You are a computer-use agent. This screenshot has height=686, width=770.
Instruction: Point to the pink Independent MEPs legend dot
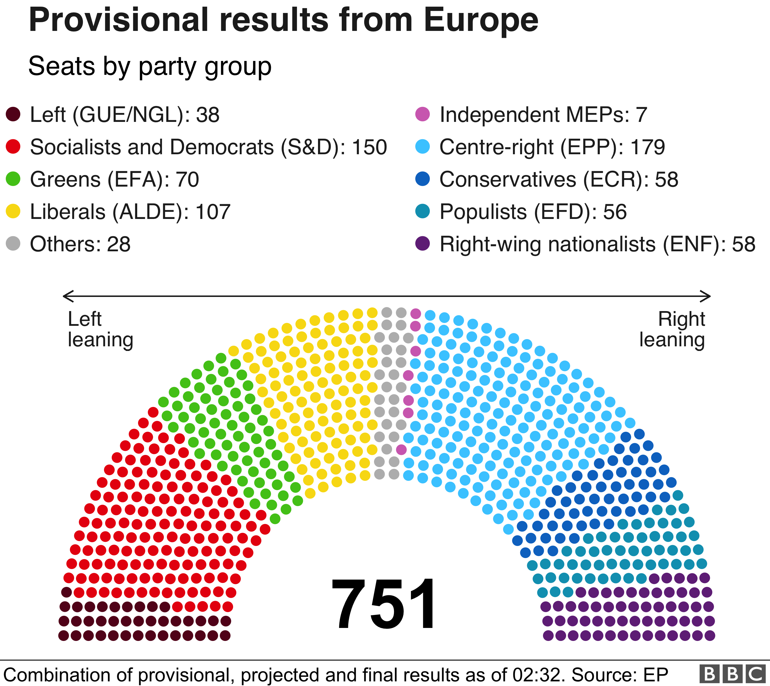[x=423, y=114]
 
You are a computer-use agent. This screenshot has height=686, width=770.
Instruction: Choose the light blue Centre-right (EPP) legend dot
[x=423, y=147]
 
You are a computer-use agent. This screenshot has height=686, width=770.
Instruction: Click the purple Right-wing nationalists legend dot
[x=423, y=243]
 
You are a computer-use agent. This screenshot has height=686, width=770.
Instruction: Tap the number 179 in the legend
[x=647, y=147]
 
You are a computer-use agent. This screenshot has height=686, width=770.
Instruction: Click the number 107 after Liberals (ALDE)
[x=213, y=212]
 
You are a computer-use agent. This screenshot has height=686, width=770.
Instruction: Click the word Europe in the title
[x=481, y=21]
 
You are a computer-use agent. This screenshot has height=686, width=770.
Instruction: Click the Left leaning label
[x=100, y=330]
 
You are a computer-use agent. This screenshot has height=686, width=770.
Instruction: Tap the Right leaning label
[x=672, y=330]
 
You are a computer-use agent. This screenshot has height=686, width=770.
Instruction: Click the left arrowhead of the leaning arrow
[x=65, y=296]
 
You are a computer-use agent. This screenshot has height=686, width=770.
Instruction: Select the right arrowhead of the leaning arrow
[x=708, y=296]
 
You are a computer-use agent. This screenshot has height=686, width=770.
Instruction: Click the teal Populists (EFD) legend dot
[x=423, y=211]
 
